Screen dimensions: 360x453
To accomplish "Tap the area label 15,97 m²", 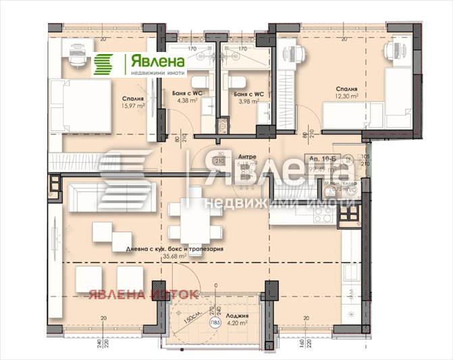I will [x=132, y=105].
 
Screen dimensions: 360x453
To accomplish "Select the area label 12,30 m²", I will [x=346, y=96].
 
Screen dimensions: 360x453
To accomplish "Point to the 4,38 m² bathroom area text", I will [x=187, y=101].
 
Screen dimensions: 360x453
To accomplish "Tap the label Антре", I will [x=246, y=157].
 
